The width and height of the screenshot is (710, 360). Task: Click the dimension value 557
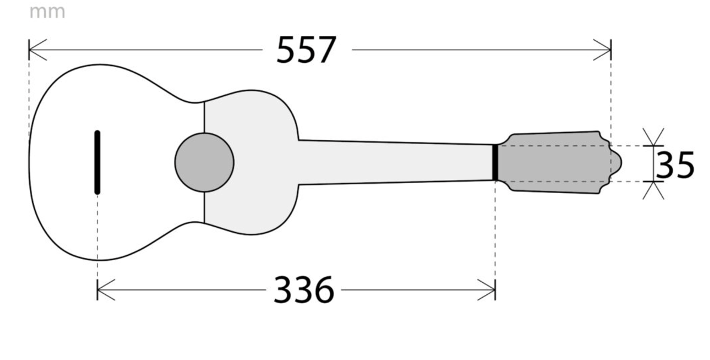[x=306, y=50]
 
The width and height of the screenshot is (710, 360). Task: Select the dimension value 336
[x=304, y=290]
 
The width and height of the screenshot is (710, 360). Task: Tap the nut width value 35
[x=675, y=165]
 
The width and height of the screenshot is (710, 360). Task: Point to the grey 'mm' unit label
[x=47, y=12]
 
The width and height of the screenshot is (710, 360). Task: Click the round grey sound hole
[x=204, y=162]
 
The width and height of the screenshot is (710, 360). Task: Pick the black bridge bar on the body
[x=97, y=162]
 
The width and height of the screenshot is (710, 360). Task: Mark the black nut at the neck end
[x=495, y=163]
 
